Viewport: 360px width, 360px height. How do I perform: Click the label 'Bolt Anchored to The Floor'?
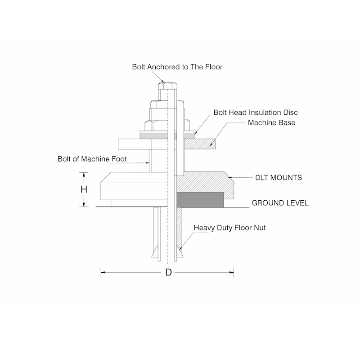click(x=177, y=67)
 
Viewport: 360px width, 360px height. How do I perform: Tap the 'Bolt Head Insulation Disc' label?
click(x=255, y=112)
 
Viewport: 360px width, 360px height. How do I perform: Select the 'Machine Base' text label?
click(x=271, y=122)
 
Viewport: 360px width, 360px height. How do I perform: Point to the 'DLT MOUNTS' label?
click(x=279, y=178)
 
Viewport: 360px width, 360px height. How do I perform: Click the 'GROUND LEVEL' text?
click(x=280, y=203)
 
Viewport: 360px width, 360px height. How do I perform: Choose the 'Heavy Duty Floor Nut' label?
click(x=229, y=228)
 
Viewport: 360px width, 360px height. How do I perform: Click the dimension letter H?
click(x=84, y=189)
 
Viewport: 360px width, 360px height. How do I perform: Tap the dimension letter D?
click(x=168, y=272)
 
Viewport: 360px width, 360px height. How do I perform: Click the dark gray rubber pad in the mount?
click(x=200, y=199)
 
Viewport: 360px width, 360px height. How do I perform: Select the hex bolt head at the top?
click(x=169, y=85)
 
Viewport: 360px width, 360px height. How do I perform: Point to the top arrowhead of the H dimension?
click(x=84, y=174)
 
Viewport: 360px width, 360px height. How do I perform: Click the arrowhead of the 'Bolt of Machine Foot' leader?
click(x=148, y=164)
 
